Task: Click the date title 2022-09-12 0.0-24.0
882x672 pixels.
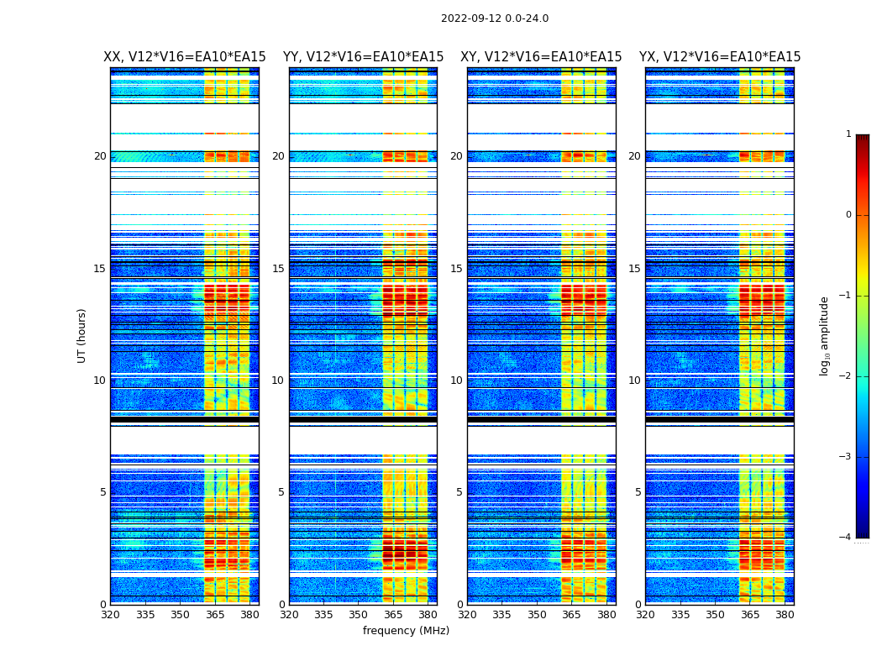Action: point(494,18)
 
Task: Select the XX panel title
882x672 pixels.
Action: point(185,57)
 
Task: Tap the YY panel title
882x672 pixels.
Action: point(363,57)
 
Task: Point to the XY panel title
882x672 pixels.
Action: point(541,57)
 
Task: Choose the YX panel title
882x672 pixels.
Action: point(720,57)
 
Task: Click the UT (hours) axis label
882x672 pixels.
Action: point(82,335)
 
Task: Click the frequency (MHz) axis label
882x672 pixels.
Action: point(406,631)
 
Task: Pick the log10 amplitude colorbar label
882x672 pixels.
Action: point(825,335)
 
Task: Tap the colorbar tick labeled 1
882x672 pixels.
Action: point(848,134)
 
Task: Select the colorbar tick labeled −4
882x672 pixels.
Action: point(846,538)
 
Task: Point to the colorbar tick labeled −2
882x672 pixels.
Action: point(846,376)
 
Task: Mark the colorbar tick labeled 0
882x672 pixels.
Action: point(848,215)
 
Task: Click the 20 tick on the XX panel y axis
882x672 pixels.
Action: point(100,156)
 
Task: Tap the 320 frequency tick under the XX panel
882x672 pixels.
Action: point(110,615)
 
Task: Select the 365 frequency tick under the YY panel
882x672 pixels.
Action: point(393,615)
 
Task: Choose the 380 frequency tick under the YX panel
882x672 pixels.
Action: point(785,615)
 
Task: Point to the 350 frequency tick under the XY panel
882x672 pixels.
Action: point(537,615)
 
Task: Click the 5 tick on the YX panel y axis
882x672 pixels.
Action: point(638,492)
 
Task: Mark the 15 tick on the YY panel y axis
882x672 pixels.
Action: point(278,269)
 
